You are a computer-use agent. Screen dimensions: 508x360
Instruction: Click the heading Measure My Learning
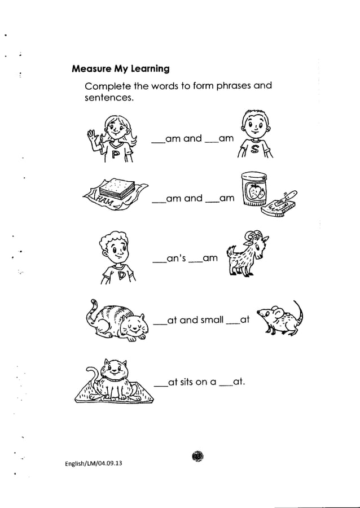pos(121,69)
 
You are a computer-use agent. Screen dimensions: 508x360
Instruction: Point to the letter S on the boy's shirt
pos(253,148)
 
